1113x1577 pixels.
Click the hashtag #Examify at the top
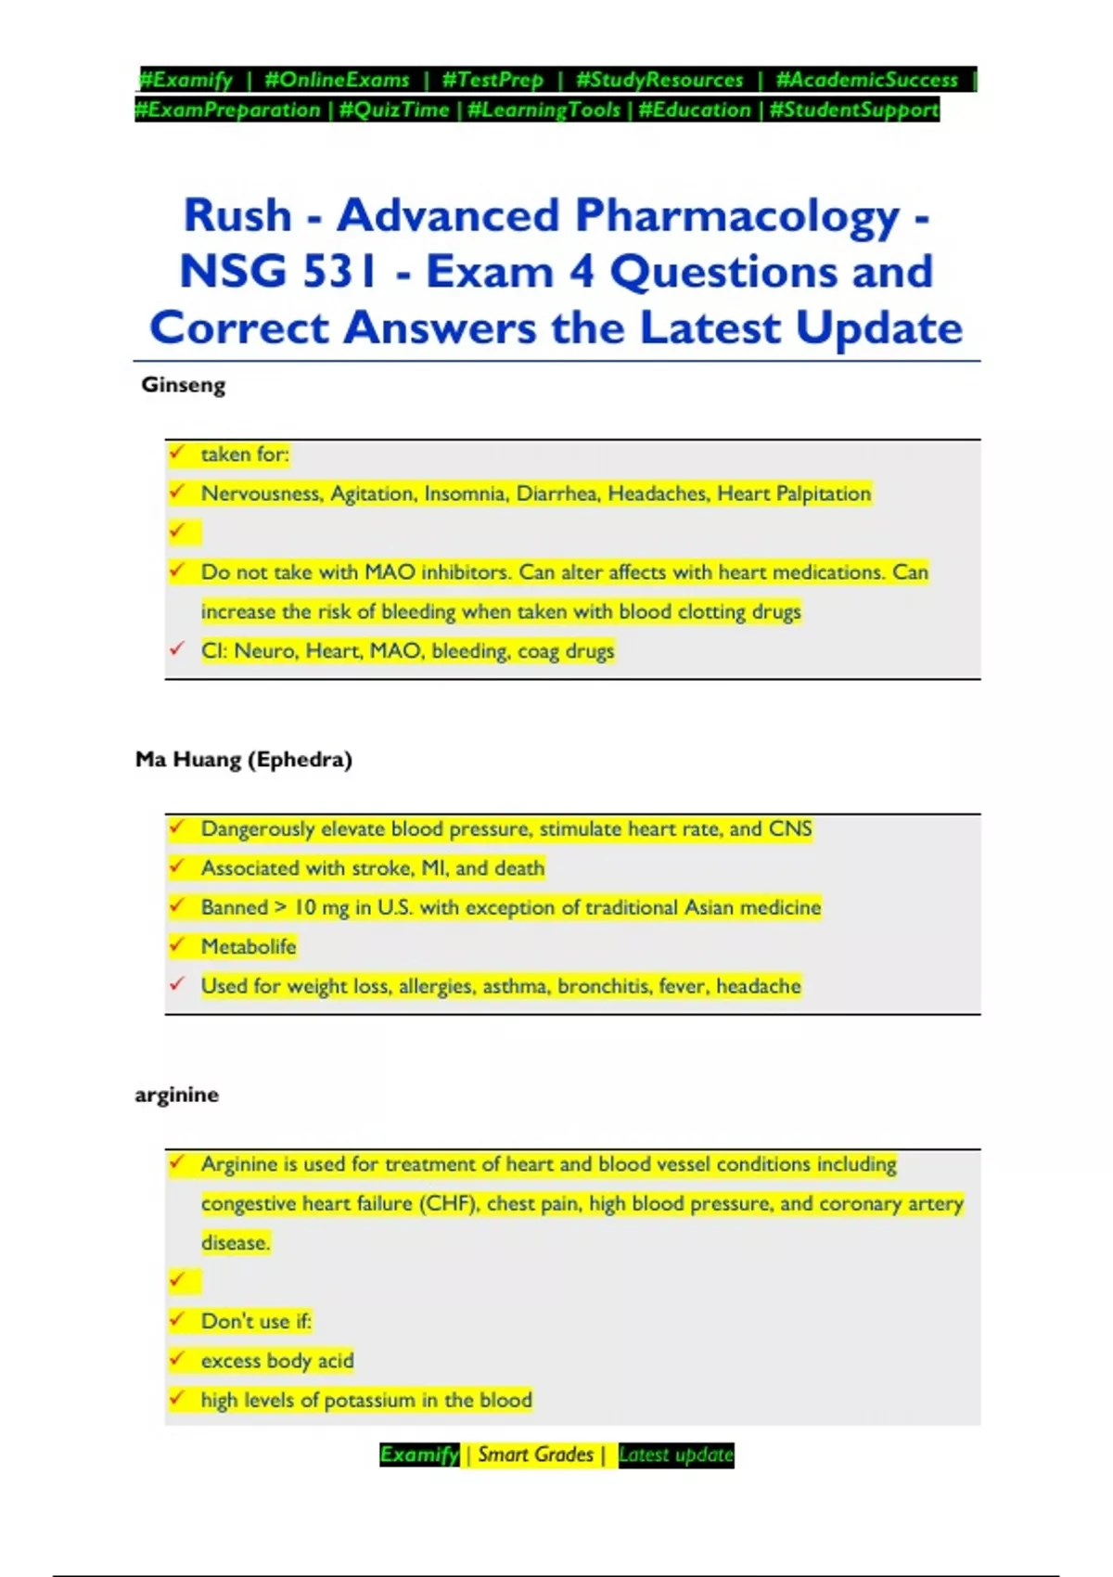pyautogui.click(x=185, y=80)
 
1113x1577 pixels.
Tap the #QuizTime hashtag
pyautogui.click(x=394, y=109)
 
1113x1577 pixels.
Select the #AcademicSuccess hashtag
pyautogui.click(x=866, y=80)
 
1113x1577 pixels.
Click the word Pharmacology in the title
pyautogui.click(x=737, y=215)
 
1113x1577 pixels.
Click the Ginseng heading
pyautogui.click(x=183, y=384)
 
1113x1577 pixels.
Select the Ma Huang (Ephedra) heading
pyautogui.click(x=244, y=759)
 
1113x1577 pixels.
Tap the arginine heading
pyautogui.click(x=177, y=1095)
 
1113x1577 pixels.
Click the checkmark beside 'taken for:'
pyautogui.click(x=177, y=453)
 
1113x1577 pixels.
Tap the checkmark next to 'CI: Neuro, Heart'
pyautogui.click(x=177, y=649)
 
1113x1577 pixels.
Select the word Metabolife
pyautogui.click(x=249, y=946)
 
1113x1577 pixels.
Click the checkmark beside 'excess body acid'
pyautogui.click(x=177, y=1359)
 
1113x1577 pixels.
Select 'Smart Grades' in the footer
pyautogui.click(x=535, y=1455)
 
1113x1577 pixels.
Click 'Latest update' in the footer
pyautogui.click(x=675, y=1455)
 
